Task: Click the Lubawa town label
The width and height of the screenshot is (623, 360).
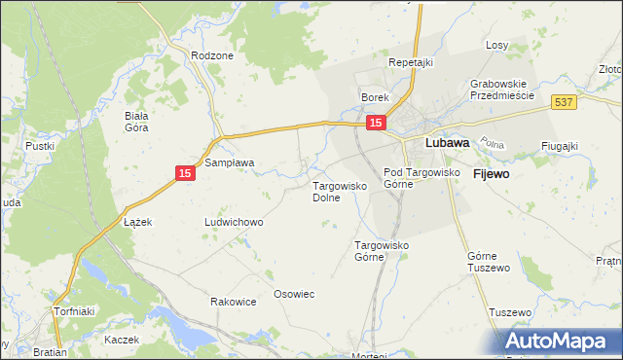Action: tap(448, 142)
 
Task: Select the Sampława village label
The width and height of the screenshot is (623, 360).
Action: tap(229, 162)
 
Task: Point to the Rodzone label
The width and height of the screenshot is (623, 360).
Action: tap(212, 55)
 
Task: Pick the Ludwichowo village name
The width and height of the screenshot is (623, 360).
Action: tap(233, 222)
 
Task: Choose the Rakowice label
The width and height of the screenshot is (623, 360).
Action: tap(233, 302)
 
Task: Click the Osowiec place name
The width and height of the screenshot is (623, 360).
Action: tap(294, 294)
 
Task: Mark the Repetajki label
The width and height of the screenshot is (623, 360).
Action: tap(410, 62)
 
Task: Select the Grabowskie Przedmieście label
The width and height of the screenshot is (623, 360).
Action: tap(503, 90)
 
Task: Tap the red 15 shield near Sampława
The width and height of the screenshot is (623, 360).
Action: tap(185, 173)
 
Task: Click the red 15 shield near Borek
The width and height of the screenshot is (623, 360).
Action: tap(376, 123)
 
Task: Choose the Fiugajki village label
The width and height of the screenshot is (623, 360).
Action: tap(560, 146)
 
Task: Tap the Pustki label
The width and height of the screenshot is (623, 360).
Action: tap(40, 146)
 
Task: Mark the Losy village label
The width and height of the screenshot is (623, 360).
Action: tap(497, 46)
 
